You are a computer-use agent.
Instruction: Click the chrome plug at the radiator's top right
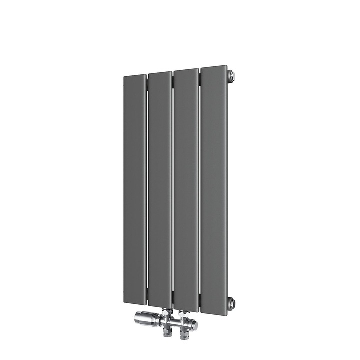231,76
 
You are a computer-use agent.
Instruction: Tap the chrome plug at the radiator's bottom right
231,302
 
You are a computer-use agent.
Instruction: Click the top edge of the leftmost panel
135,76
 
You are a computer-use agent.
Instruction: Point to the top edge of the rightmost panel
214,67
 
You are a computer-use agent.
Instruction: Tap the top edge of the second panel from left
160,73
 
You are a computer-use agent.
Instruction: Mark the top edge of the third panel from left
186,70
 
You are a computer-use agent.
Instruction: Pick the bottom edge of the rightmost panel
214,314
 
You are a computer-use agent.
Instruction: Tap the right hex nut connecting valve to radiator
185,315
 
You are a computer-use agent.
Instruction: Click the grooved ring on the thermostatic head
156,318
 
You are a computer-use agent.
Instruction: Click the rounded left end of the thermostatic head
137,317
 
